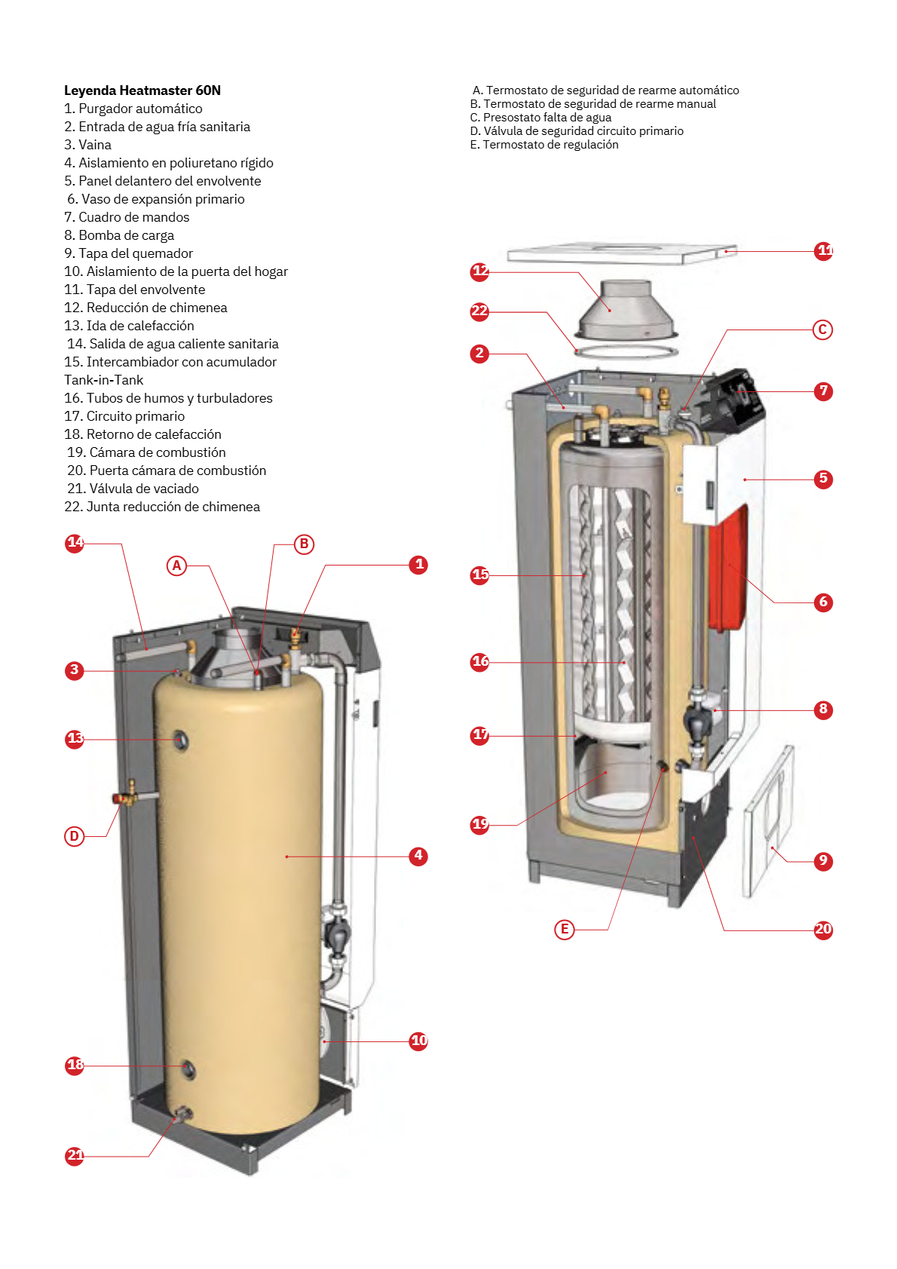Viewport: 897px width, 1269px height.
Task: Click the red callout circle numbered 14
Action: coord(74,544)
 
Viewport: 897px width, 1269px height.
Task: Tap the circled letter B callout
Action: coord(304,544)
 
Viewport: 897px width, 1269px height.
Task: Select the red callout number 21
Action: coord(75,1155)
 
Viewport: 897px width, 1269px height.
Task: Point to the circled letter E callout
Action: coord(564,929)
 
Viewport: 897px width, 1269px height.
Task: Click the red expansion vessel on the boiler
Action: coord(729,569)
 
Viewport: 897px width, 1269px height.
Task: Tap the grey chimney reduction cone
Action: coord(626,308)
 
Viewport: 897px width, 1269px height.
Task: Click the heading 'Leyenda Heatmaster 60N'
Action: coord(142,90)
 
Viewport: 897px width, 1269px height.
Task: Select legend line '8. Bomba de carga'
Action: coord(119,235)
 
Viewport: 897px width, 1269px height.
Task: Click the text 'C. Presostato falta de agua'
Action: coord(540,118)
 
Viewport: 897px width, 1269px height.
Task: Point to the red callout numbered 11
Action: coord(823,251)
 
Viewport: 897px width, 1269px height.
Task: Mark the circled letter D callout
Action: coord(74,836)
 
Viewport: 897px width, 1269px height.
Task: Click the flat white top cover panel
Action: coord(622,253)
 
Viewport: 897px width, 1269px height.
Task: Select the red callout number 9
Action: coord(823,861)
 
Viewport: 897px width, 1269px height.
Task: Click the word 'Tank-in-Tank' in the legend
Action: coord(103,379)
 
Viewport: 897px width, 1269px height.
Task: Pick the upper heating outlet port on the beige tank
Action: coord(181,740)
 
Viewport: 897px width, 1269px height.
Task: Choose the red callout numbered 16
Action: coord(479,662)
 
